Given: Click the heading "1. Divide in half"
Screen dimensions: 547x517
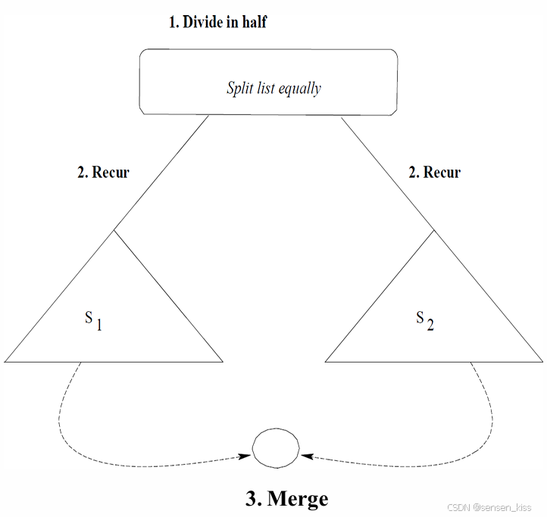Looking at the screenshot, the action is [x=217, y=22].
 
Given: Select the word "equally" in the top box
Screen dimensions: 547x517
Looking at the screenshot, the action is [x=299, y=89].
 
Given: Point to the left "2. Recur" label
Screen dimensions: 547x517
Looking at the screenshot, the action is [x=104, y=172].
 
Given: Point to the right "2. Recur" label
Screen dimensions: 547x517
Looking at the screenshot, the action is [x=435, y=172].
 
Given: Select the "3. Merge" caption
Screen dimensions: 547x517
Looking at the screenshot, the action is [x=287, y=499].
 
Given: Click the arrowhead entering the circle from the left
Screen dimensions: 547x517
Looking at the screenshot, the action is [x=245, y=456].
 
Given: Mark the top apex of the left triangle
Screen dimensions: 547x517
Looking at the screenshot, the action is [x=114, y=229].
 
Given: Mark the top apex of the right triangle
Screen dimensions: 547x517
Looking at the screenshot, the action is [x=433, y=229].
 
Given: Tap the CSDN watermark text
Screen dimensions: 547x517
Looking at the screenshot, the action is [x=489, y=508].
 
